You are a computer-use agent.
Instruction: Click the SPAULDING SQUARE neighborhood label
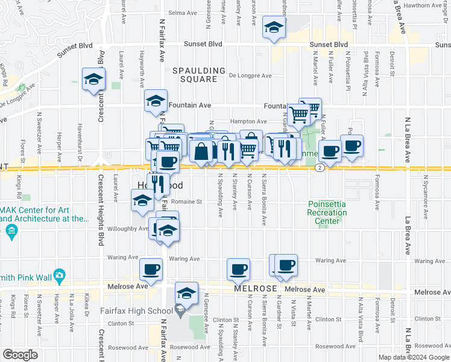pyautogui.click(x=194, y=75)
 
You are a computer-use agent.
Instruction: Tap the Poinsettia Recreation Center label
pyautogui.click(x=327, y=212)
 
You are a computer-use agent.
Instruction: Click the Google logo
pyautogui.click(x=20, y=355)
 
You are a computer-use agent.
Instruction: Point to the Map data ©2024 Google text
pyautogui.click(x=414, y=357)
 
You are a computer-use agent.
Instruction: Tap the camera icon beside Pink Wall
pyautogui.click(x=59, y=276)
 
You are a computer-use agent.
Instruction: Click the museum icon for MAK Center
pyautogui.click(x=13, y=230)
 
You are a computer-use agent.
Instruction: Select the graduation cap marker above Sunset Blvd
pyautogui.click(x=274, y=28)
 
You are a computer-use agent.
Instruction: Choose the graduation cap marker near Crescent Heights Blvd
pyautogui.click(x=93, y=79)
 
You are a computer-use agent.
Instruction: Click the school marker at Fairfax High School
pyautogui.click(x=187, y=294)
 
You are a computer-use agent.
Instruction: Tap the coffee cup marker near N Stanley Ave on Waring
pyautogui.click(x=238, y=268)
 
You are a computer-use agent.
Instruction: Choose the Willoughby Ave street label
pyautogui.click(x=127, y=229)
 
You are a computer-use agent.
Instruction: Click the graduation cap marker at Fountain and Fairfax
pyautogui.click(x=156, y=101)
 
